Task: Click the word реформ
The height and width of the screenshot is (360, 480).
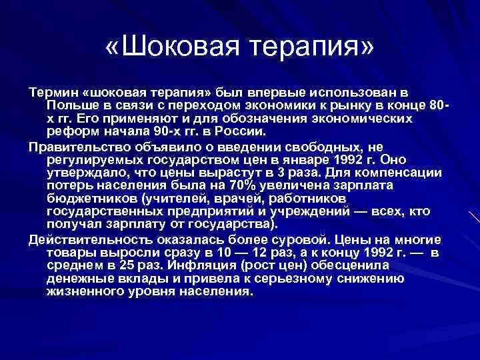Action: pyautogui.click(x=69, y=131)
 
